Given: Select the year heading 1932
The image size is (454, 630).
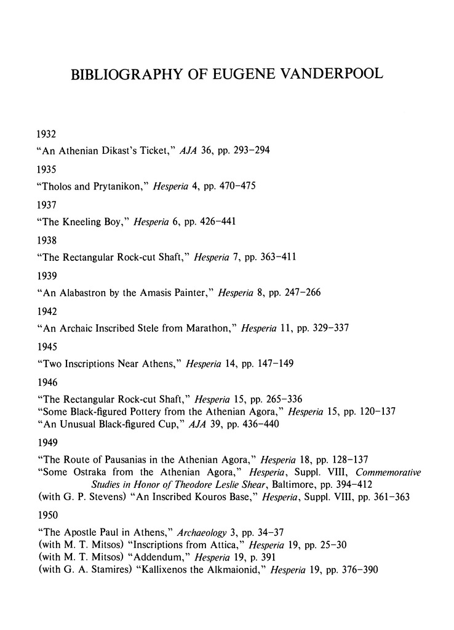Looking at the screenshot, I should pyautogui.click(x=47, y=132).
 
